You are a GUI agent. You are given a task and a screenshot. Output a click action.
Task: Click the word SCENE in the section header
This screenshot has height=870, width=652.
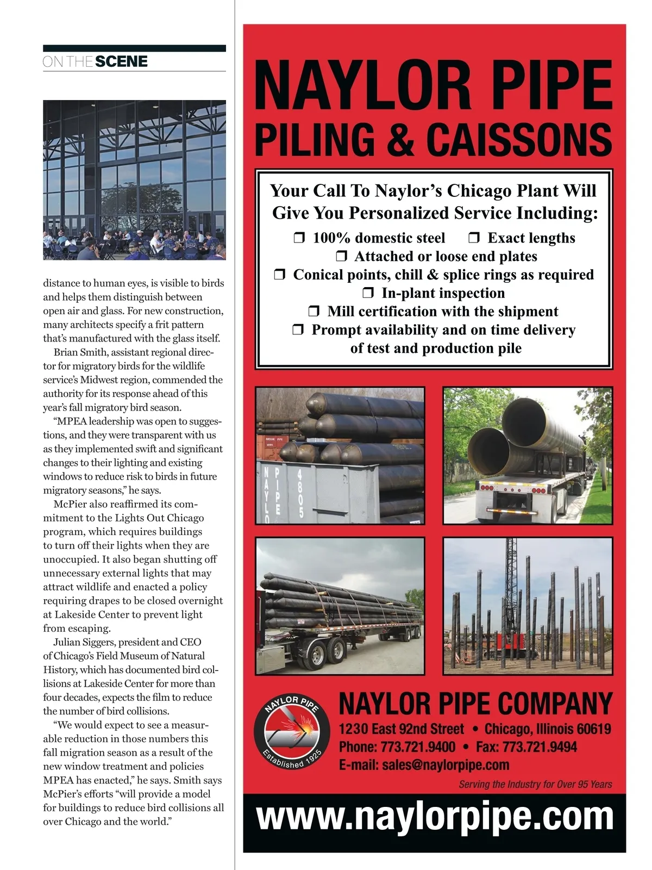121,61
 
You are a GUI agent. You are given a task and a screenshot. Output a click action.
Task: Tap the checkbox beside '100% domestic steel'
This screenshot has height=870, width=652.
299,238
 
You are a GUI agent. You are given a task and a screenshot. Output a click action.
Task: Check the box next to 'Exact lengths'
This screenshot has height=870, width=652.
474,238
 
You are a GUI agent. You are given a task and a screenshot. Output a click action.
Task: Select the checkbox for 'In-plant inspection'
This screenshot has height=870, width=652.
368,294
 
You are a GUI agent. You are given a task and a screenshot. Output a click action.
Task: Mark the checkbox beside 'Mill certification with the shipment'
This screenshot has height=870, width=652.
314,312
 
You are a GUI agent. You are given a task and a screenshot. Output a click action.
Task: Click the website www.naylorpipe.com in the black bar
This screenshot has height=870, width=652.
435,817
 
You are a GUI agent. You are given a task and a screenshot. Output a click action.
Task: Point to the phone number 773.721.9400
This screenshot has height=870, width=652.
418,747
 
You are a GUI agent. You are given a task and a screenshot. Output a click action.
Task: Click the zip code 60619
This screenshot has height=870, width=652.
592,729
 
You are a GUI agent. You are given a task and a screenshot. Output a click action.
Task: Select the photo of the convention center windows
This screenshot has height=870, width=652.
134,179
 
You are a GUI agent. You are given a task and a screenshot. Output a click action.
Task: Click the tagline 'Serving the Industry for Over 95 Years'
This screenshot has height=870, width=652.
535,784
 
